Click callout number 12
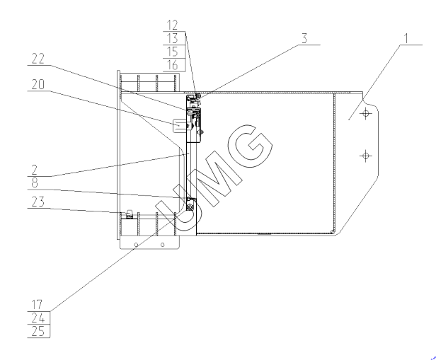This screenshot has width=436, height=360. [173, 25]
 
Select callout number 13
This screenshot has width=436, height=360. [173, 38]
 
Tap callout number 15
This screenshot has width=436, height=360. [173, 52]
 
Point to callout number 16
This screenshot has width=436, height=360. [173, 65]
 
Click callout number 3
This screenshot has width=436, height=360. [305, 39]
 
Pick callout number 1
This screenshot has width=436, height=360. [406, 39]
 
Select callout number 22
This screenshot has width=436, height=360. [38, 59]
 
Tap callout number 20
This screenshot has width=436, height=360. [38, 84]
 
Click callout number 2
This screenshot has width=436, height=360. [35, 170]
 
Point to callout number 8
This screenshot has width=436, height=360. [35, 182]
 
